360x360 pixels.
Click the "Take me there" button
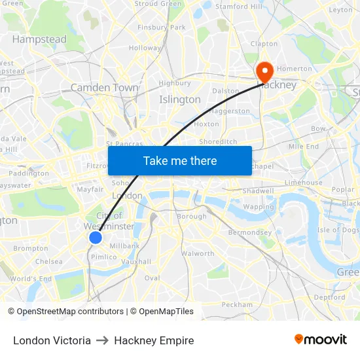pyautogui.click(x=180, y=160)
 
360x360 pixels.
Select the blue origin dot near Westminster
pyautogui.click(x=96, y=237)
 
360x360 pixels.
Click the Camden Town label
pyautogui.click(x=105, y=87)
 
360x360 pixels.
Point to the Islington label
pyautogui.click(x=180, y=99)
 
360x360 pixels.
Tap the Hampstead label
pyautogui.click(x=39, y=39)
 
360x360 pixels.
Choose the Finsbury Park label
pyautogui.click(x=162, y=27)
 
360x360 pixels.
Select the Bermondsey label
pyautogui.click(x=249, y=232)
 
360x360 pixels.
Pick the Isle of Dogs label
pyautogui.click(x=338, y=230)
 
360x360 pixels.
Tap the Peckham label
pyautogui.click(x=237, y=304)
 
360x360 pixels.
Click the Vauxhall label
pyautogui.click(x=136, y=261)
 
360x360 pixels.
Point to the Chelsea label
pyautogui.click(x=49, y=261)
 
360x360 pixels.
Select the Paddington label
pyautogui.click(x=29, y=173)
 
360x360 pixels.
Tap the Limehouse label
pyautogui.click(x=303, y=183)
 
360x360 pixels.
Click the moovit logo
pyautogui.click(x=321, y=340)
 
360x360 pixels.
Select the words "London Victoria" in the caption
pyautogui.click(x=52, y=340)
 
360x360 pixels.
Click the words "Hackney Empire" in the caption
pyautogui.click(x=154, y=340)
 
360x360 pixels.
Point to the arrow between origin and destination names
pyautogui.click(x=102, y=340)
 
